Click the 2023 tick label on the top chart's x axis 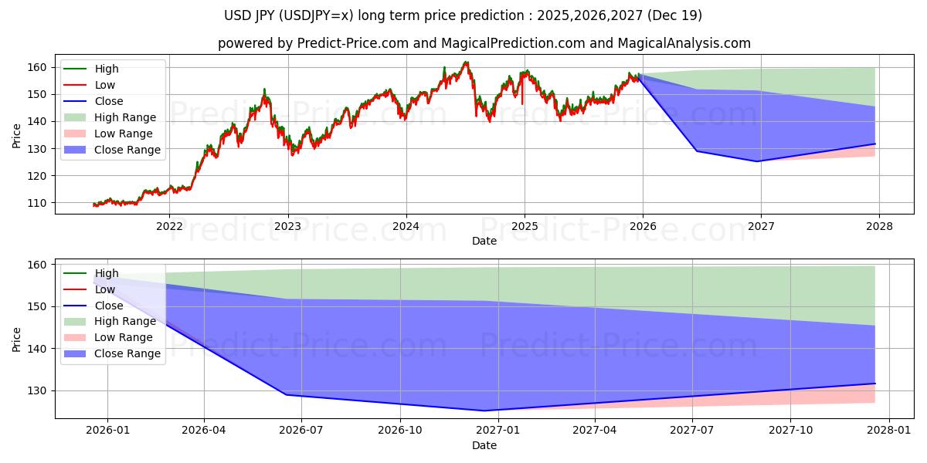pos(287,226)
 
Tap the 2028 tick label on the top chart pos(879,226)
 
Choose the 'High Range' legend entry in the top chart pos(124,118)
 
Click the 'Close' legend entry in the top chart pos(109,102)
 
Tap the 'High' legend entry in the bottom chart pos(107,273)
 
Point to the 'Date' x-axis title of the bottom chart pos(484,445)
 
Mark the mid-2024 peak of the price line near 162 pos(465,63)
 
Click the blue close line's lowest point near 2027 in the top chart pos(758,161)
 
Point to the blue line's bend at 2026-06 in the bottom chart pos(287,395)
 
